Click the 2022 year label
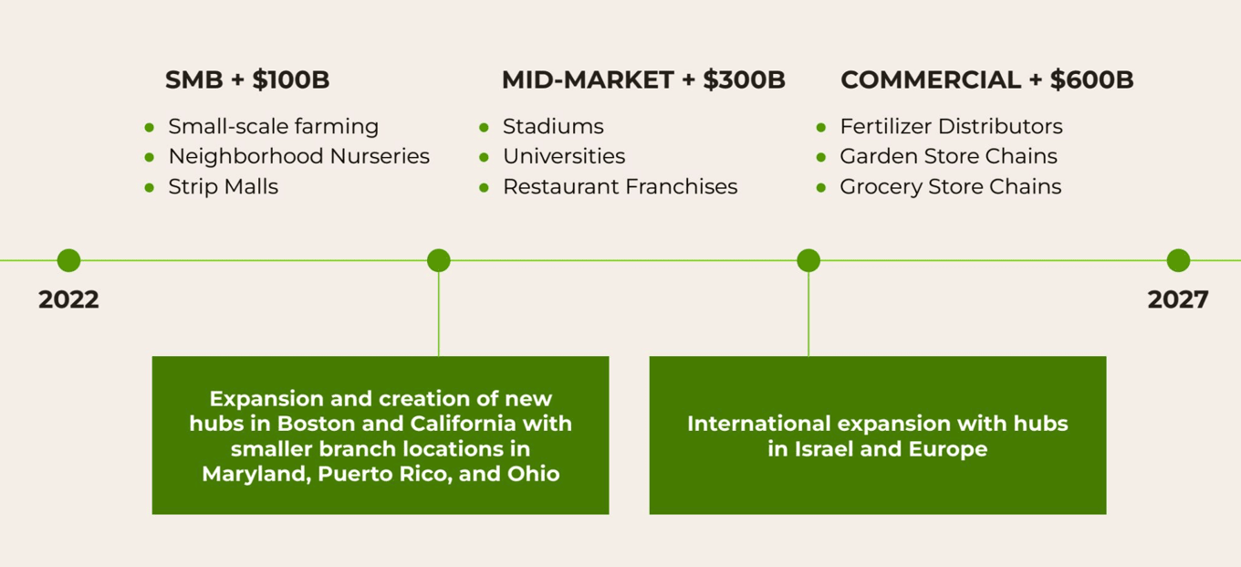coord(68,299)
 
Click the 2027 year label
coord(1178,299)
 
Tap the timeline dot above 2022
coord(68,260)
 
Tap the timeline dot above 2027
coord(1178,260)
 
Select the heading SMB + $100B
coord(247,79)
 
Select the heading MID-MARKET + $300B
coord(644,79)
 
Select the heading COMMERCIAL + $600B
coord(987,79)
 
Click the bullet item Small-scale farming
coord(274,126)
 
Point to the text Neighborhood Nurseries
coord(299,156)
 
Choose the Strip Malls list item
coord(224,187)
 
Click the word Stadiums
coord(554,126)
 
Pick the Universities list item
coord(564,156)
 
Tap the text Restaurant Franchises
coord(620,187)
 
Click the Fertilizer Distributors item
coord(951,126)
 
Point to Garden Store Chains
coord(948,156)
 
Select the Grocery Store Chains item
coord(951,187)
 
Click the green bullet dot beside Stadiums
coord(485,128)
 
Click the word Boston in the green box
coord(316,424)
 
